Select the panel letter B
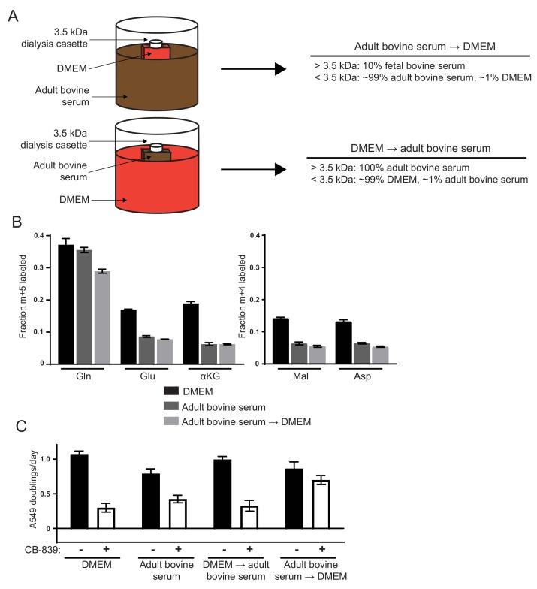coord(13,224)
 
